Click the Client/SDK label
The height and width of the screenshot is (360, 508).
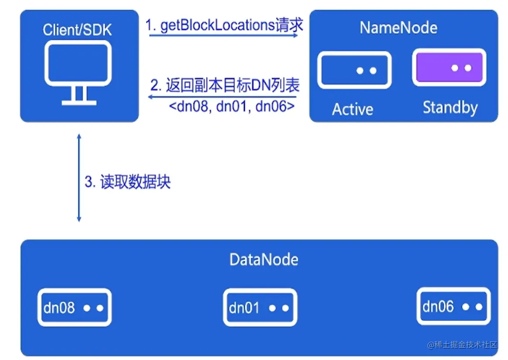(x=77, y=30)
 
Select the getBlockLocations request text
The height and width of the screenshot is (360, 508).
(x=224, y=25)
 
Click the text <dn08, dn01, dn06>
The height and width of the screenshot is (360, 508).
(x=231, y=107)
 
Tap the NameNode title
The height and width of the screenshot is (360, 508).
(x=398, y=28)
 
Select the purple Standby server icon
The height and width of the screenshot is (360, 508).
(x=449, y=68)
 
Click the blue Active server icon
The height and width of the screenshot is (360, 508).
(x=354, y=70)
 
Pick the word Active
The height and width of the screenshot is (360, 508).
(x=352, y=109)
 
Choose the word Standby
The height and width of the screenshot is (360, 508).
(x=450, y=107)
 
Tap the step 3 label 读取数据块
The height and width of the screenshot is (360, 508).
(x=127, y=182)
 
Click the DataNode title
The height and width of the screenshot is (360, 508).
(x=264, y=260)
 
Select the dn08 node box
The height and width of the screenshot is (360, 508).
(x=75, y=308)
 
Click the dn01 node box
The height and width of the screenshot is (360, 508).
(x=260, y=308)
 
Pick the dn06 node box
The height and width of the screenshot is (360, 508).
(x=453, y=306)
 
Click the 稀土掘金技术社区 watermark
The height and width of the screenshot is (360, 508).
(x=462, y=345)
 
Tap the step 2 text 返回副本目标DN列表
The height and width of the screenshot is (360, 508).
(x=225, y=85)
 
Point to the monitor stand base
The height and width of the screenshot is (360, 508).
(x=79, y=103)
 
